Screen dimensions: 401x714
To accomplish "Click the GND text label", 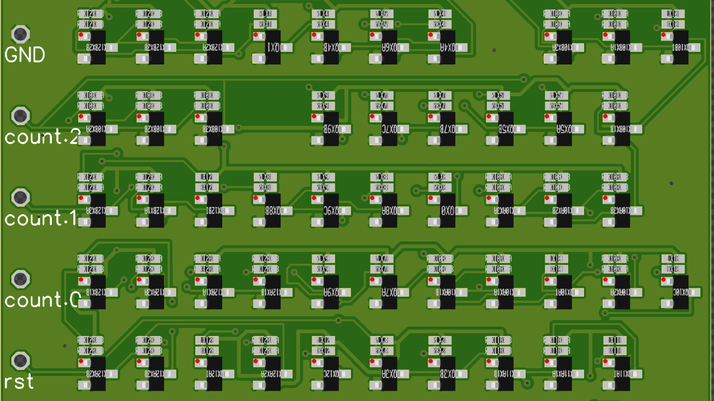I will tap(25, 55).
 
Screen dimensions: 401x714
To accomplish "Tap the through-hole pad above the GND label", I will tap(21, 34).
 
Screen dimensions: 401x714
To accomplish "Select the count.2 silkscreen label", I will tap(43, 137).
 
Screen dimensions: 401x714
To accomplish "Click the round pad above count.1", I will tap(21, 197).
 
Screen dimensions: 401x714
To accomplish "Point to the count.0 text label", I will tap(43, 299).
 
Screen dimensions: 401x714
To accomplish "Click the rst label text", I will tap(19, 381).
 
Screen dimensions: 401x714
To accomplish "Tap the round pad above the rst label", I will tap(21, 360).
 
